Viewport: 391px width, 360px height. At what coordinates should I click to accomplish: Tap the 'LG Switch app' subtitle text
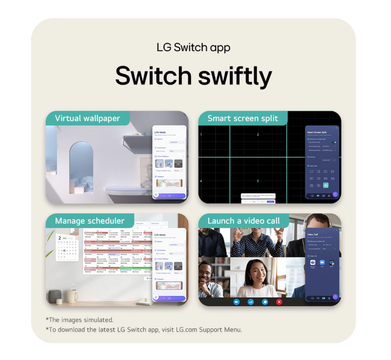pos(193,48)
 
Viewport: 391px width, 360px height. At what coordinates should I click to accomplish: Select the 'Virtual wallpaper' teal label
pos(87,118)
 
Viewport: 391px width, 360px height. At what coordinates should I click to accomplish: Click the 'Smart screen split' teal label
pos(243,118)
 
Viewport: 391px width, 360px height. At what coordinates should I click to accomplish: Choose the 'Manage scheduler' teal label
pos(89,221)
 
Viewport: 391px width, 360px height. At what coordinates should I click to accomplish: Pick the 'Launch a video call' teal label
pos(243,221)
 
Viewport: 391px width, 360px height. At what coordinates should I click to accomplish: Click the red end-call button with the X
pos(279,302)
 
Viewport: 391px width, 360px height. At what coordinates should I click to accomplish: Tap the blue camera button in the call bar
pos(237,302)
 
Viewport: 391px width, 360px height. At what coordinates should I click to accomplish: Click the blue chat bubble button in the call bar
pos(265,302)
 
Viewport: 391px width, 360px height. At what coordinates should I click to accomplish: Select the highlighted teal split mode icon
pos(325,185)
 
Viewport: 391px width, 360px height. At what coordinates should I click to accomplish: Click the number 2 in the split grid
pos(257,135)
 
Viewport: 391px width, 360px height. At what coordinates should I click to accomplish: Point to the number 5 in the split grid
pos(257,181)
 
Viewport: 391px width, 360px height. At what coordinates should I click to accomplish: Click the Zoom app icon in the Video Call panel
pos(322,263)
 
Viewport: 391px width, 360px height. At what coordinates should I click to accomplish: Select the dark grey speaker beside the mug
pos(54,296)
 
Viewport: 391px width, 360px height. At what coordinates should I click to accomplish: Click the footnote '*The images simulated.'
pos(80,320)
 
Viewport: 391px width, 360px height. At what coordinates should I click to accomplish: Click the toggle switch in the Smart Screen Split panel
pos(334,142)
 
